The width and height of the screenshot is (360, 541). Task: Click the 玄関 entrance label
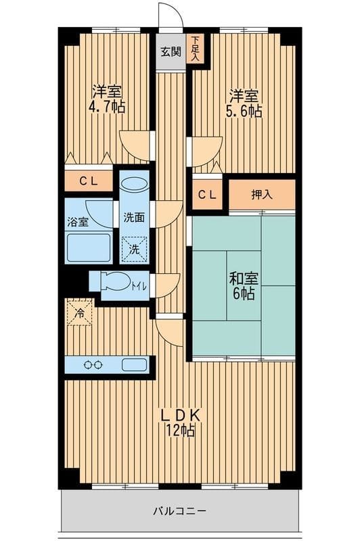pyautogui.click(x=171, y=52)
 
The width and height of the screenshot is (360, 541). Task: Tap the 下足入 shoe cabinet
pyautogui.click(x=195, y=49)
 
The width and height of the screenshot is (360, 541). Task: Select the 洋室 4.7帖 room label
pyautogui.click(x=107, y=100)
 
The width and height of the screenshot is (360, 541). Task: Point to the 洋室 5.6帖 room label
pyautogui.click(x=244, y=103)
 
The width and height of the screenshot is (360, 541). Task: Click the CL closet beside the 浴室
pyautogui.click(x=89, y=181)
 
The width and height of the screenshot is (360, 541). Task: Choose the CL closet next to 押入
pyautogui.click(x=207, y=195)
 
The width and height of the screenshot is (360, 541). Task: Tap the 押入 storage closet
pyautogui.click(x=262, y=195)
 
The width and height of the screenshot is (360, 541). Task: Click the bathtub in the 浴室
pyautogui.click(x=89, y=248)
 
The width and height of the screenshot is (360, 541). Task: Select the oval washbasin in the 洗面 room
pyautogui.click(x=135, y=183)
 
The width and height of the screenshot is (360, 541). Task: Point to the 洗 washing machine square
pyautogui.click(x=134, y=250)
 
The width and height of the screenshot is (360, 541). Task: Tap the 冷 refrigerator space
pyautogui.click(x=80, y=313)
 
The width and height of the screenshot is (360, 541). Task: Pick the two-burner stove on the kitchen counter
pyautogui.click(x=93, y=364)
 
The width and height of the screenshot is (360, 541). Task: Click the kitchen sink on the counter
pyautogui.click(x=134, y=364)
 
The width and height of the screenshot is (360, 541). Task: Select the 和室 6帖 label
pyautogui.click(x=244, y=286)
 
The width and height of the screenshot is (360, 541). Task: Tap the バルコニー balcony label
pyautogui.click(x=179, y=511)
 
